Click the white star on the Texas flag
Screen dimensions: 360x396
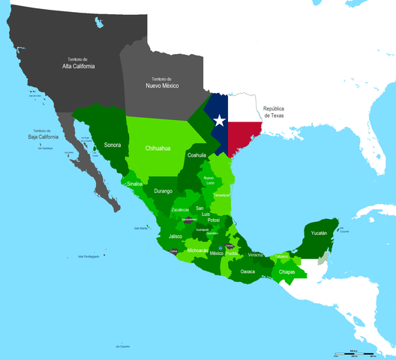(219, 120)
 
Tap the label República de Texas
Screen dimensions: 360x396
(279, 113)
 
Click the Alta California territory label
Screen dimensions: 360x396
(82, 63)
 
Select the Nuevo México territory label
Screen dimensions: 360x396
(161, 83)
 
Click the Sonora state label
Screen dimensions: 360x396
(112, 144)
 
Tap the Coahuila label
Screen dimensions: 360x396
(196, 155)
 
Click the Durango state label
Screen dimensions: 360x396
(163, 191)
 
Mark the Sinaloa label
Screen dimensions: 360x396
(134, 183)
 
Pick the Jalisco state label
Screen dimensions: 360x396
(175, 236)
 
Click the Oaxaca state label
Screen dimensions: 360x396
(248, 271)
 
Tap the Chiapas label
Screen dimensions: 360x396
(286, 271)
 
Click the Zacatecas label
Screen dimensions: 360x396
(180, 210)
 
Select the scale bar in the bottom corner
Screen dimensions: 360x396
(354, 352)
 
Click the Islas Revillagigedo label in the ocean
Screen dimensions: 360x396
(88, 256)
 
